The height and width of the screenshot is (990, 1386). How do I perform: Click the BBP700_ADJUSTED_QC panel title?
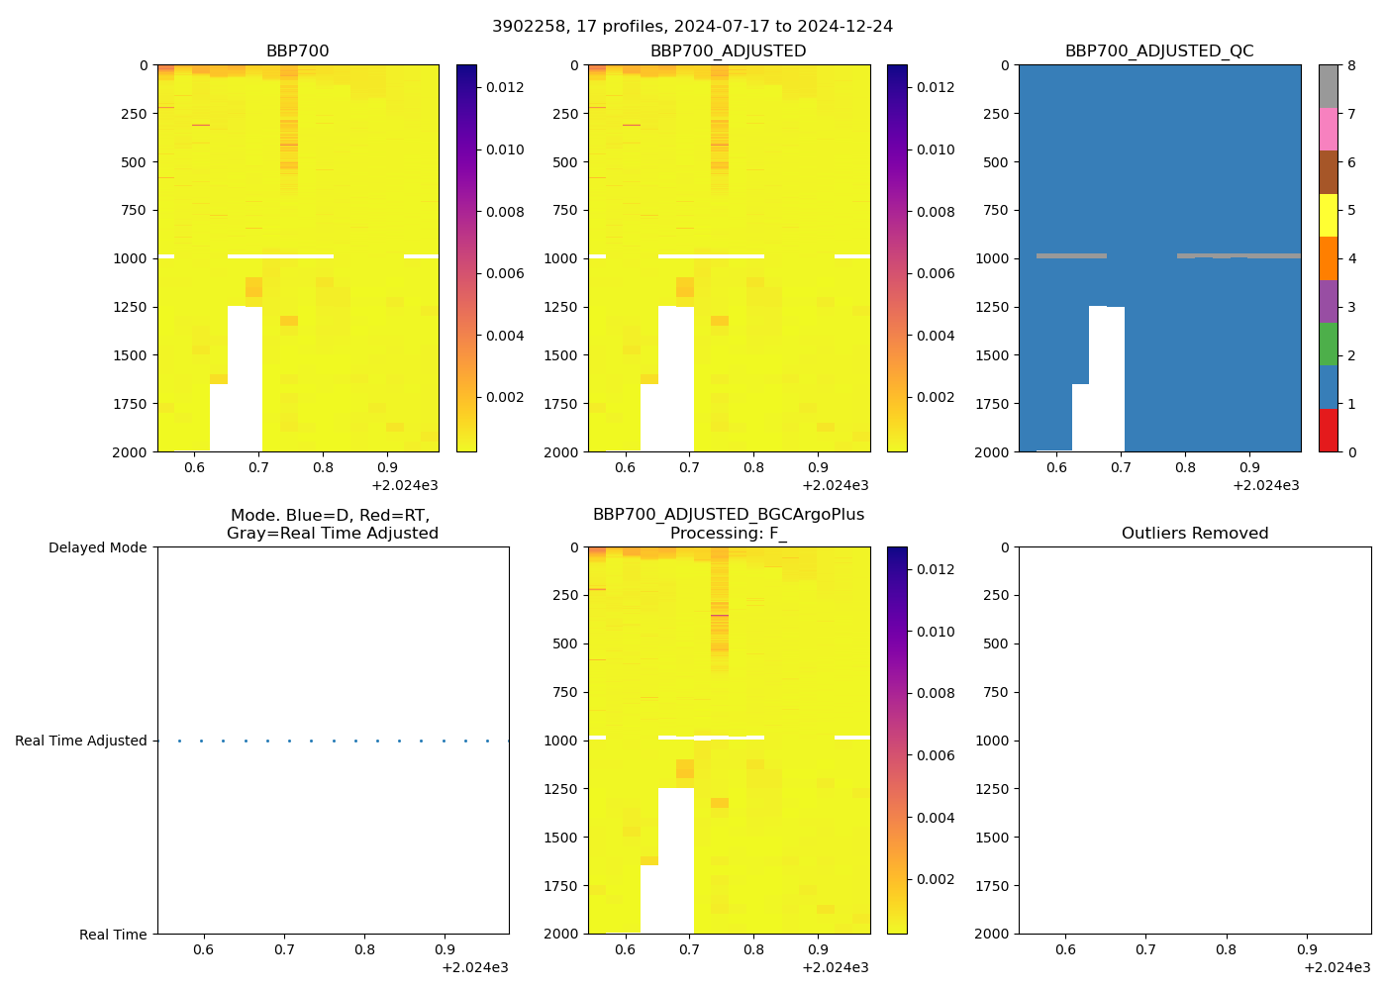(x=1159, y=51)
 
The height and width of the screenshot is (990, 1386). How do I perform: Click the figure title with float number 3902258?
(x=692, y=27)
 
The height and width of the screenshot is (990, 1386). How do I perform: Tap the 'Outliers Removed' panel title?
(x=1194, y=534)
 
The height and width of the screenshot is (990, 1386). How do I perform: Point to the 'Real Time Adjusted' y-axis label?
(x=81, y=742)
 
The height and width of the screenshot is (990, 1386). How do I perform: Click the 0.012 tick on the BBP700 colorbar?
(x=505, y=87)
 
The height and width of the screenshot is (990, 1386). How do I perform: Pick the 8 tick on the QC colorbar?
(x=1351, y=66)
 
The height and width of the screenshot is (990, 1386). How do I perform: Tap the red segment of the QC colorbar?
(x=1328, y=431)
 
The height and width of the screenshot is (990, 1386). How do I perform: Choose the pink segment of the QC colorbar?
(x=1328, y=129)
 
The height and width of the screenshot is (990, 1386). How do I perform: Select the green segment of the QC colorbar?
(x=1328, y=344)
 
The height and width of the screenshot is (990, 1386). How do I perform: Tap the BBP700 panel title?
(x=297, y=51)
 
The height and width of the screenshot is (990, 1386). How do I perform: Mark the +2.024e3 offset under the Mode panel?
(x=475, y=967)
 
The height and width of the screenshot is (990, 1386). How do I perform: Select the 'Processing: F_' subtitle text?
(x=728, y=534)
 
